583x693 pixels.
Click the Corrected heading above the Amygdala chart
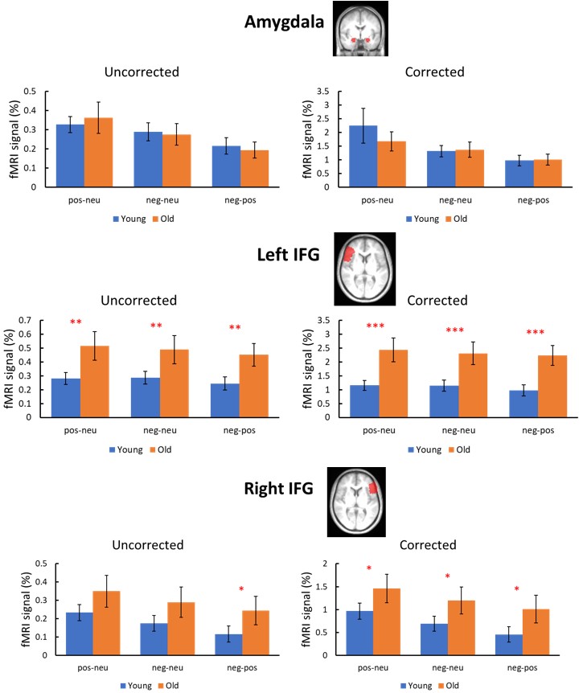pyautogui.click(x=437, y=71)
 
